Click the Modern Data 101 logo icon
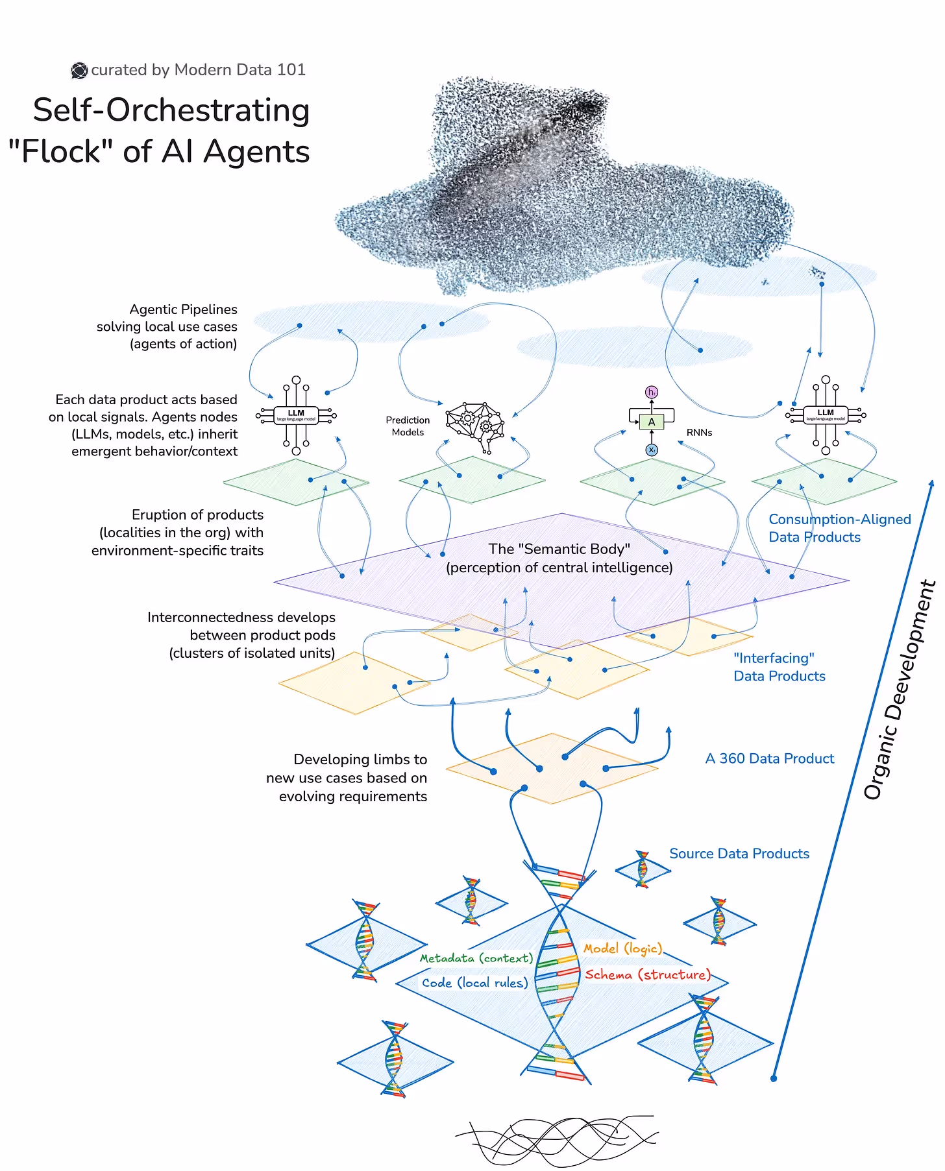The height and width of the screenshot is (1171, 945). coord(79,70)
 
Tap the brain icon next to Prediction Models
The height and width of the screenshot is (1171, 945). coord(475,425)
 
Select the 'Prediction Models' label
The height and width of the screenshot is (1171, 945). coord(408,426)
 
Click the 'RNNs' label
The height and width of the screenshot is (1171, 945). coord(699,432)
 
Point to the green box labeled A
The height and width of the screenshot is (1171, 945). coord(652,422)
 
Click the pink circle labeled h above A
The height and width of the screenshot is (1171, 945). coord(652,392)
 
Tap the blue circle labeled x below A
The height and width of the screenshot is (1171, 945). coord(652,450)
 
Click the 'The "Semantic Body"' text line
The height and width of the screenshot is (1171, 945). coord(559,549)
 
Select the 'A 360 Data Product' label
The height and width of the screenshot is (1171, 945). coord(769,758)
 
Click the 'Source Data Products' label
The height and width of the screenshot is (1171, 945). coord(739,854)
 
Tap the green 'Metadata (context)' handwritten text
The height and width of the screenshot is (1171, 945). coord(476,958)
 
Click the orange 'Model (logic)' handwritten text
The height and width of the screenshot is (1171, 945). coord(622,948)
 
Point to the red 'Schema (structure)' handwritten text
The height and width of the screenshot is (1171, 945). coord(647,974)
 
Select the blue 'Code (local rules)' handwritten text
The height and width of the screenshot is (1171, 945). coord(474,983)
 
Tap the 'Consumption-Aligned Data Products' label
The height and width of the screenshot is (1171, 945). coord(839,528)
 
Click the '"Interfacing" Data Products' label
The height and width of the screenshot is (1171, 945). coord(779,667)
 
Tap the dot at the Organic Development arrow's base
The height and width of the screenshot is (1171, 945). coord(773,1078)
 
